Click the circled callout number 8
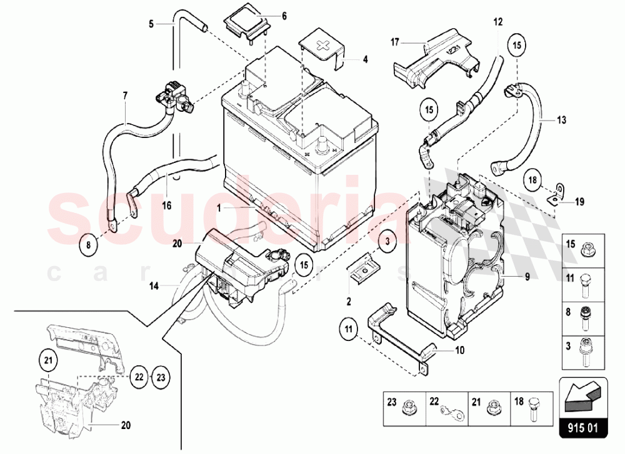tap(89, 245)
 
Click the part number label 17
tap(394, 43)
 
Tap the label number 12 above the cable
tap(497, 22)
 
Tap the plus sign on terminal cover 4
tap(322, 47)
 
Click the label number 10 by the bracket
tap(460, 350)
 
